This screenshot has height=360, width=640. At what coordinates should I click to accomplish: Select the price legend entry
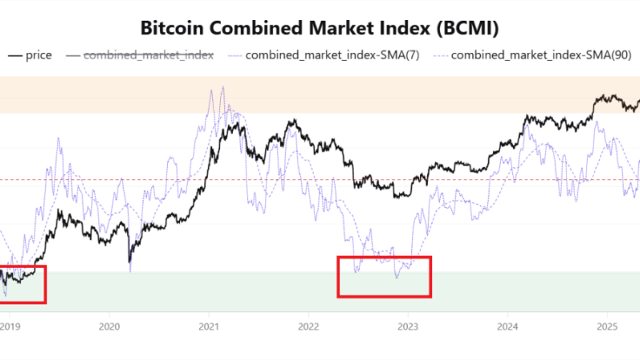[x=39, y=55]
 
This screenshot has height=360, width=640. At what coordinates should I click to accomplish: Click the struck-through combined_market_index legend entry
[x=148, y=55]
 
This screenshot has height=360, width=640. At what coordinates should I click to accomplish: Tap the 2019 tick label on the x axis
[x=10, y=326]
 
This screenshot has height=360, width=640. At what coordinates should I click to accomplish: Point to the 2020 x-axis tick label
[x=109, y=326]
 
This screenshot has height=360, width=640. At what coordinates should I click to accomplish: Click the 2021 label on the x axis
[x=209, y=326]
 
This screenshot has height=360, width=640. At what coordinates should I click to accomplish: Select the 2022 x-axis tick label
[x=308, y=326]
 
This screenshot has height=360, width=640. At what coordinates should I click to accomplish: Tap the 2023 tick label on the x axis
[x=407, y=326]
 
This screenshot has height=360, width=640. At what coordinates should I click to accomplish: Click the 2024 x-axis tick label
[x=506, y=326]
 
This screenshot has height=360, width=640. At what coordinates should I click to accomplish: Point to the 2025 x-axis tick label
[x=606, y=326]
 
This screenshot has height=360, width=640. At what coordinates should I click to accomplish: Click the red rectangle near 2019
[x=22, y=284]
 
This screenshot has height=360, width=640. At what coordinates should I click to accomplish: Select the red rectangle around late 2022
[x=384, y=277]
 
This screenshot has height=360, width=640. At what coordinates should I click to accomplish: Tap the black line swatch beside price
[x=15, y=55]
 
